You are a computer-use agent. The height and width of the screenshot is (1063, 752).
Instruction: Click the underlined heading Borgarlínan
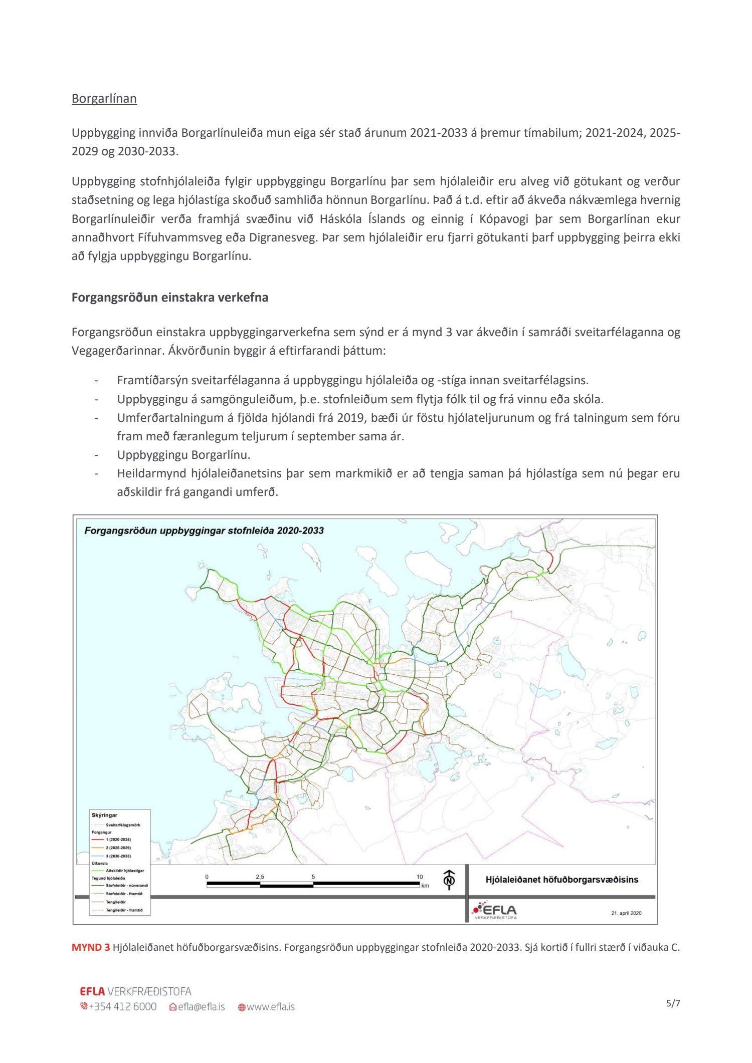[104, 99]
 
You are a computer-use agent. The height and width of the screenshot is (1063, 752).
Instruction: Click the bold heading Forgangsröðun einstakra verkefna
[170, 298]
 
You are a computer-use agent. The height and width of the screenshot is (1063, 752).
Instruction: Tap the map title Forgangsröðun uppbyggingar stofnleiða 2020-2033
[204, 530]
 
